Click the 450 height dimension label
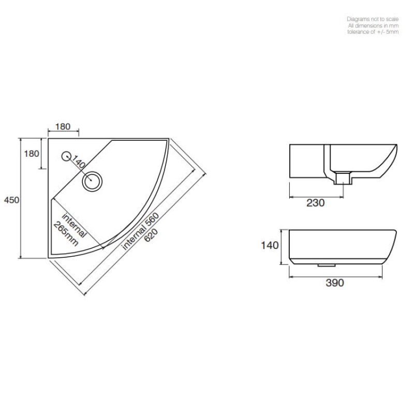[x=11, y=200]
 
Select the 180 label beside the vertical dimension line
[x=32, y=153]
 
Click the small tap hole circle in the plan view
[x=66, y=155]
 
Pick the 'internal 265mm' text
[x=70, y=228]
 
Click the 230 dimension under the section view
[x=315, y=203]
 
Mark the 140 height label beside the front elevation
[x=270, y=245]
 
